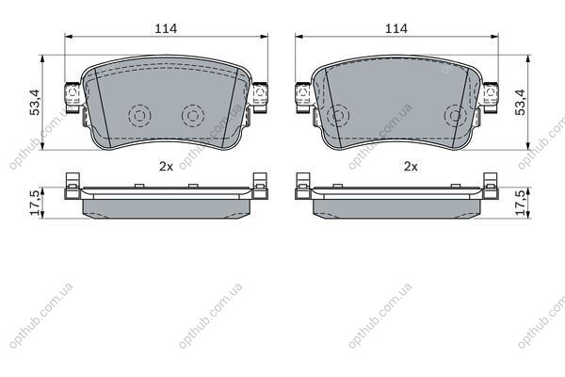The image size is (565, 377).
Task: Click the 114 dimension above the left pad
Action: (x=166, y=28)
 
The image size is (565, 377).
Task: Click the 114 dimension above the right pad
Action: (x=396, y=28)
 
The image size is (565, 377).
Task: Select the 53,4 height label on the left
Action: (x=36, y=102)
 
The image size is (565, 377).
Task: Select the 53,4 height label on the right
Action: (x=521, y=102)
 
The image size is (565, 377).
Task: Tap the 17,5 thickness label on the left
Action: (x=36, y=204)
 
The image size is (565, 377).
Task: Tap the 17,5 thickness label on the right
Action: (x=521, y=204)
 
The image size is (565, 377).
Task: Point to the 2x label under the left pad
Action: (x=166, y=166)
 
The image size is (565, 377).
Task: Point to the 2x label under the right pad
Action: (x=411, y=166)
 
